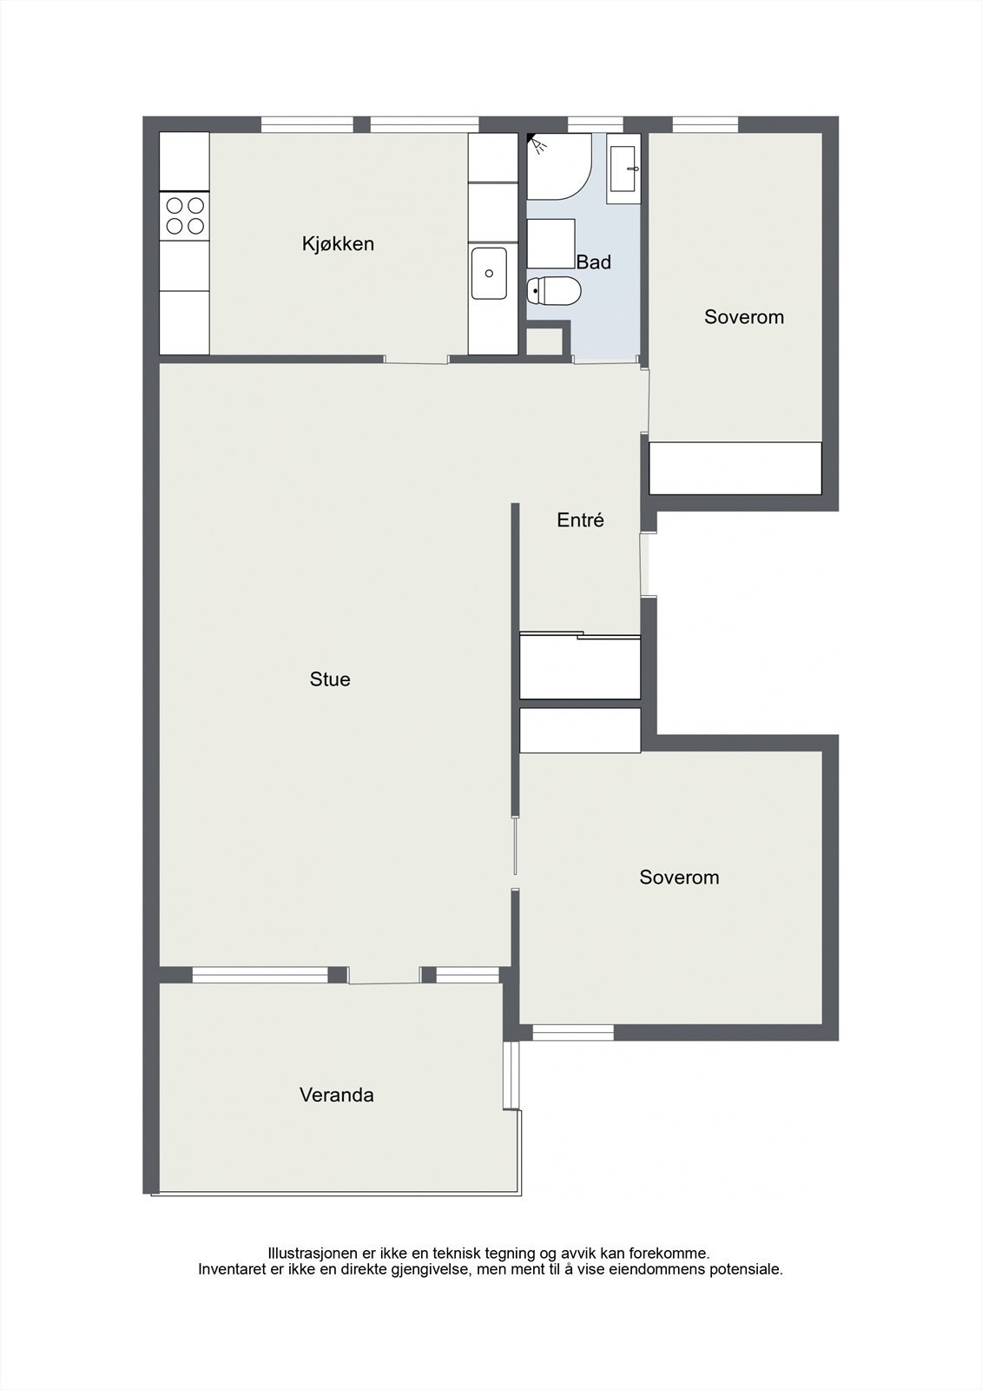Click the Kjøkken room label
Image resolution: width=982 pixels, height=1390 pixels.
(x=338, y=243)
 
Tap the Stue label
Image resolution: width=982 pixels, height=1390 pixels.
(x=330, y=678)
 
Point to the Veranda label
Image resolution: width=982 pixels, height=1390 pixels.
(x=337, y=1095)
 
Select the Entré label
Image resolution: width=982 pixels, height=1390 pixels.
(x=580, y=520)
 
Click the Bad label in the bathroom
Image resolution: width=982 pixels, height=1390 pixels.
(x=594, y=261)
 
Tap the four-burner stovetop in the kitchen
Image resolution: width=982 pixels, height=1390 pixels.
(x=185, y=215)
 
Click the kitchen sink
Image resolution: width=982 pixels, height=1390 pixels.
(x=489, y=273)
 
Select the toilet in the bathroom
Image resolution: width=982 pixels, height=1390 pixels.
(x=553, y=291)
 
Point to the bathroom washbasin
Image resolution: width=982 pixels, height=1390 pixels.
(x=623, y=169)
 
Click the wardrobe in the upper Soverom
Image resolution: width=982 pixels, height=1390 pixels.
(x=735, y=468)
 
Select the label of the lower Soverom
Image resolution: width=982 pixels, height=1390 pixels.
(x=679, y=877)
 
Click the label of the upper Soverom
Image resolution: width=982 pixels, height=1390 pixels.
(x=744, y=316)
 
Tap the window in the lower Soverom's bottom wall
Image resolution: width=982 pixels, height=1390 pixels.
(x=572, y=1032)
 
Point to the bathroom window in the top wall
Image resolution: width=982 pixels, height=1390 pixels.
(x=595, y=124)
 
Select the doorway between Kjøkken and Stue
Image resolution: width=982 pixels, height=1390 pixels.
(x=416, y=359)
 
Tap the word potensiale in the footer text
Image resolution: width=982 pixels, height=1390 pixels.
(x=746, y=1268)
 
